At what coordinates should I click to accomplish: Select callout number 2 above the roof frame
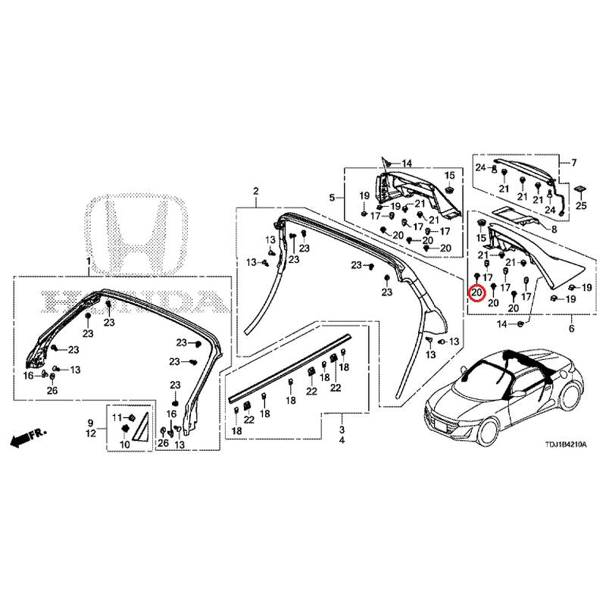(x=256, y=190)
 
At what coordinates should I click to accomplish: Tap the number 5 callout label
(x=332, y=198)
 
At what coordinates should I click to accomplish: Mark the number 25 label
(x=581, y=205)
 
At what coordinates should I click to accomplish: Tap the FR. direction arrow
(x=27, y=437)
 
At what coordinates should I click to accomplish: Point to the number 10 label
(x=123, y=445)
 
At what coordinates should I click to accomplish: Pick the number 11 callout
(x=117, y=417)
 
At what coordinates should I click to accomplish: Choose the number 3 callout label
(x=342, y=429)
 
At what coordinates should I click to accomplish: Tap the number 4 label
(x=342, y=440)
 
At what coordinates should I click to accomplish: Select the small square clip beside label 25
(x=580, y=187)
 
